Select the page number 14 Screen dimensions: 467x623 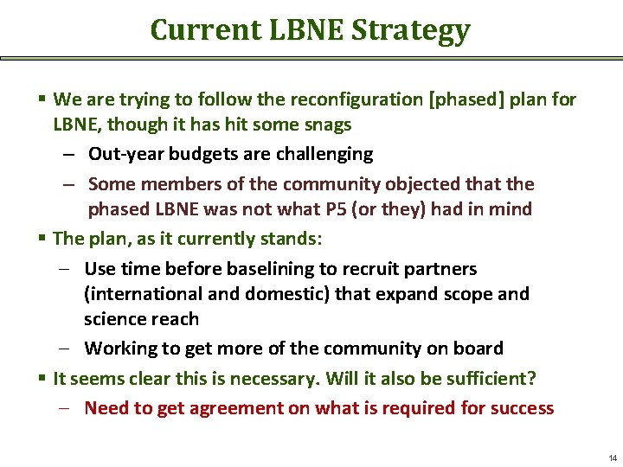613,457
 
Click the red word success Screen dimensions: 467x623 523,407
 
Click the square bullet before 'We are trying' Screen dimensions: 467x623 43,99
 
